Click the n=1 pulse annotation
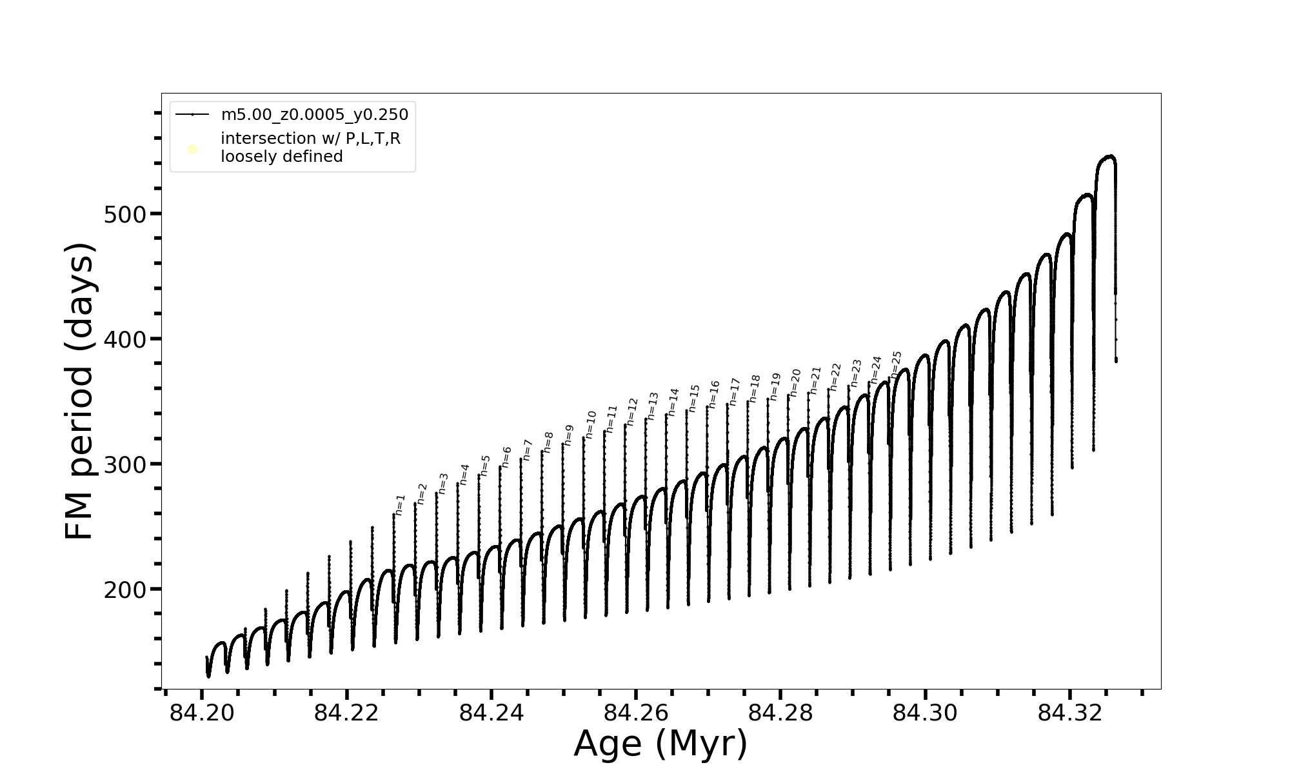coord(401,505)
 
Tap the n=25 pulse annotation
coord(896,364)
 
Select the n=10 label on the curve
coord(591,424)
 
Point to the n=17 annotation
coord(734,392)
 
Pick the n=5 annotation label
coord(485,465)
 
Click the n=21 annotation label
coord(815,381)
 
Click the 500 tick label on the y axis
coord(125,215)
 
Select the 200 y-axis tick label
coord(125,590)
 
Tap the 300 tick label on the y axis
coord(125,464)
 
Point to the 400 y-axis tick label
coord(125,339)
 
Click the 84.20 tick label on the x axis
coord(202,713)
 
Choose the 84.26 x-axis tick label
coord(636,713)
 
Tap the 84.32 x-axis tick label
coord(1070,713)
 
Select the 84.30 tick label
coord(926,713)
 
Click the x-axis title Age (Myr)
coord(660,744)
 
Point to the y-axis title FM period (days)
coord(80,391)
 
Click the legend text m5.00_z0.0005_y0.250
coord(315,115)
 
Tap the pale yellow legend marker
coord(192,150)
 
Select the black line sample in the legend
coord(192,115)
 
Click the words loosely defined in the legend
coord(282,157)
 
